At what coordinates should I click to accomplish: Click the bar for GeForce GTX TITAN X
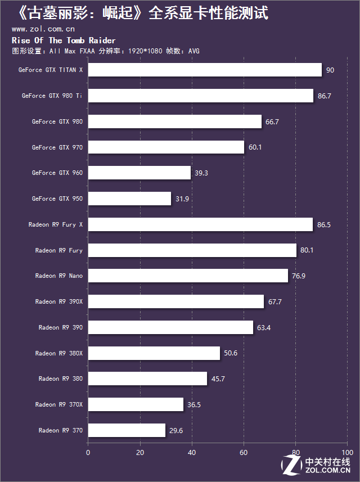pos(205,70)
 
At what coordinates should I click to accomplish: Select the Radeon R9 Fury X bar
pos(200,224)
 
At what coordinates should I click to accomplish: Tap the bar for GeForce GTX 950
pos(129,199)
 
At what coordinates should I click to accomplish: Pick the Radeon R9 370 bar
pos(127,431)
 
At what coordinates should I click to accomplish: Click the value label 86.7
pos(324,96)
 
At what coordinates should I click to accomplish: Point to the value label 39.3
pos(201,173)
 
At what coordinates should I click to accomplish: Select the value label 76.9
pos(299,276)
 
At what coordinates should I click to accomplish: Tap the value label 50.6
pos(231,354)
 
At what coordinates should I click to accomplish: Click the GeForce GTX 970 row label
pos(57,147)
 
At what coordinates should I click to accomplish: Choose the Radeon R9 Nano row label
pos(58,276)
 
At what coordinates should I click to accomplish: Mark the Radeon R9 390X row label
pos(58,302)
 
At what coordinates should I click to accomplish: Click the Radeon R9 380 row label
pos(60,379)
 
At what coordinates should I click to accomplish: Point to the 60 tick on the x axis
pos(244,452)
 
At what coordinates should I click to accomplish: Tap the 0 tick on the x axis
pos(88,452)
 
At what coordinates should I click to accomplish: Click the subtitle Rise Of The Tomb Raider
pos(64,40)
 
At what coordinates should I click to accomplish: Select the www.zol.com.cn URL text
pos(43,29)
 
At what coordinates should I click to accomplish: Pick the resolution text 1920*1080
pos(145,51)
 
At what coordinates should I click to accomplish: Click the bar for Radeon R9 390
pos(170,328)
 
